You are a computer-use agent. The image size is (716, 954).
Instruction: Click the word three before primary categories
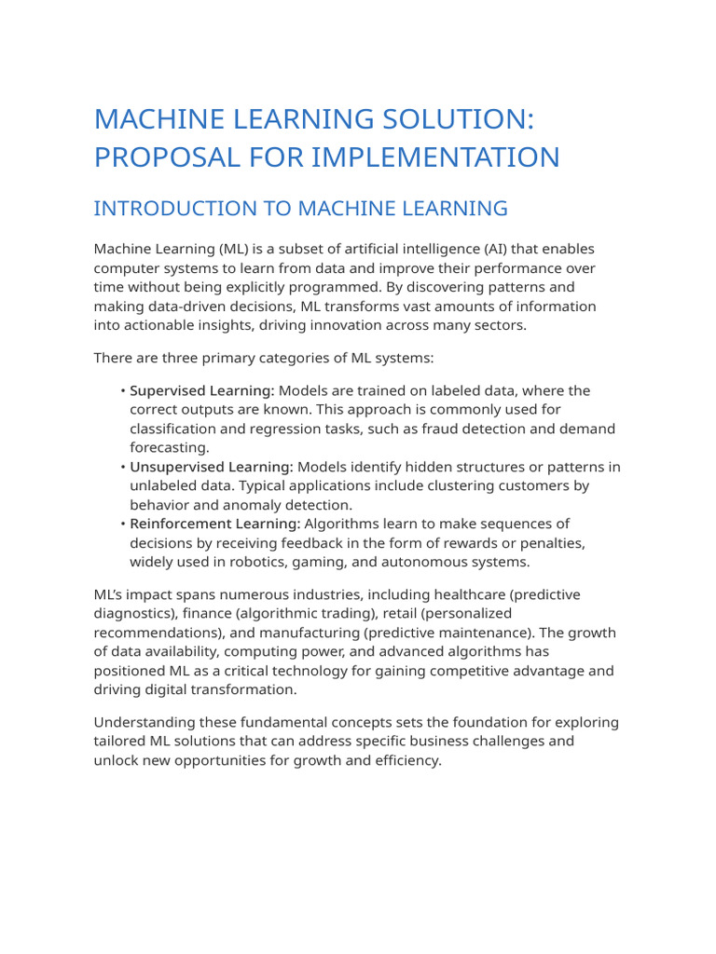point(170,358)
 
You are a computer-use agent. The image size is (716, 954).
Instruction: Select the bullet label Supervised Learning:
point(202,390)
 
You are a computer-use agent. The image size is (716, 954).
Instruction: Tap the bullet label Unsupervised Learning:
point(212,467)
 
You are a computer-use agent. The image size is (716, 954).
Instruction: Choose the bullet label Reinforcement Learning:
point(215,524)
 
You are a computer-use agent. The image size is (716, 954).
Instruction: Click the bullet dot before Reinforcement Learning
point(122,524)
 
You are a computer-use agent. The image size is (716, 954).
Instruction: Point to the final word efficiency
point(406,760)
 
